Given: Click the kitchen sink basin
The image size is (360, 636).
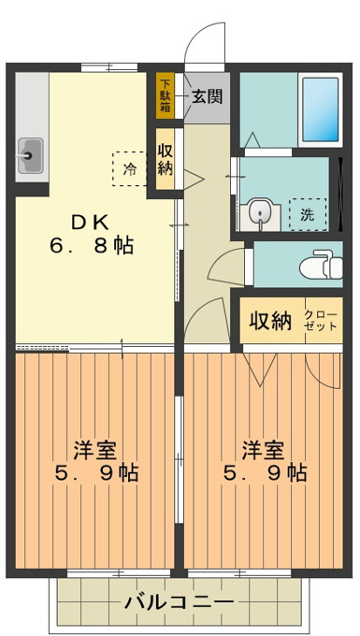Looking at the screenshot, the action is (x=30, y=156).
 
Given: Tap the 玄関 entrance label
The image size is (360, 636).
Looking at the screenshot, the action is (x=208, y=96).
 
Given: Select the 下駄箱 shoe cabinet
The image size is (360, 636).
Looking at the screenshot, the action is (x=166, y=95).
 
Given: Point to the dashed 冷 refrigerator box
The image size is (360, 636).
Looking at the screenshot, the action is (x=129, y=168).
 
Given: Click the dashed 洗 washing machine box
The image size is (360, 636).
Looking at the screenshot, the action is (x=308, y=214).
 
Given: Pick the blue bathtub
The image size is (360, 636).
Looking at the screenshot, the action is (x=321, y=110).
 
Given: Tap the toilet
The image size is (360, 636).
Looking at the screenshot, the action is (x=322, y=265).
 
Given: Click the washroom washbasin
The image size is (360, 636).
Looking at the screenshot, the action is (x=260, y=217).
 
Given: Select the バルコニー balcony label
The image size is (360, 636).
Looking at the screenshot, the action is (x=179, y=602).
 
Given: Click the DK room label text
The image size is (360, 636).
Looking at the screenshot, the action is (x=91, y=223).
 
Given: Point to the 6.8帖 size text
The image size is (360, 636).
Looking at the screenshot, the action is (x=92, y=245).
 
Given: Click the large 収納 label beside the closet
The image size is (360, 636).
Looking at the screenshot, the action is (x=270, y=322).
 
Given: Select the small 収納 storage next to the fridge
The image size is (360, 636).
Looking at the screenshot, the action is (x=166, y=159).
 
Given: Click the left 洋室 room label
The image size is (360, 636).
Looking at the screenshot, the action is (x=95, y=450).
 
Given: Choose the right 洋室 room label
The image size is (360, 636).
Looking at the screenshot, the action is (x=264, y=450).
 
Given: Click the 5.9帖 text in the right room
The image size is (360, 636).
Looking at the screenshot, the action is (x=265, y=473).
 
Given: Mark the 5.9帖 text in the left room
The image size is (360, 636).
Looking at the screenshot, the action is (x=96, y=473).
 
